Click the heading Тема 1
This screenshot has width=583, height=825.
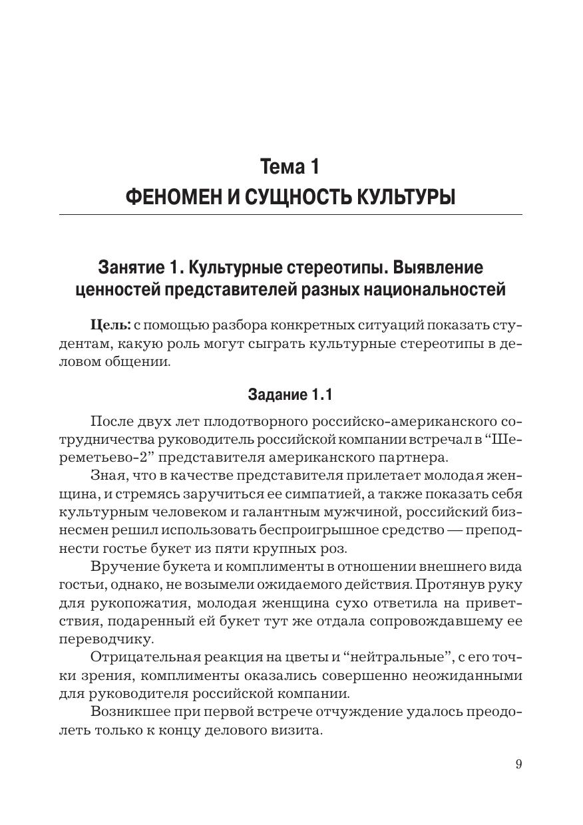pyautogui.click(x=291, y=166)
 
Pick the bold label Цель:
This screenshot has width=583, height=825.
pyautogui.click(x=110, y=325)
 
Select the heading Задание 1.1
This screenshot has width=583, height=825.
pyautogui.click(x=290, y=394)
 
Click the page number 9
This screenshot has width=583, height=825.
pyautogui.click(x=518, y=764)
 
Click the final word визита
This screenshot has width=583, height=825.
pyautogui.click(x=302, y=730)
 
